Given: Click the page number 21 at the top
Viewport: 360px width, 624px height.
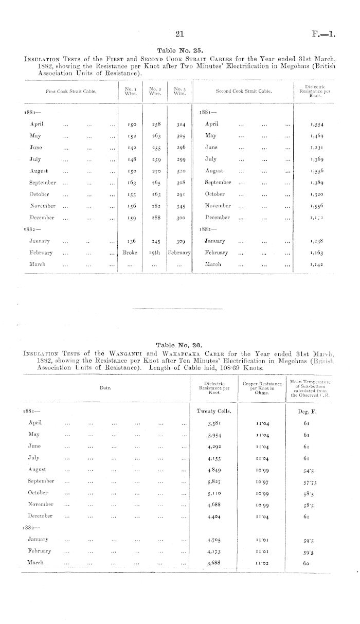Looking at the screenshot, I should (179, 34).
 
